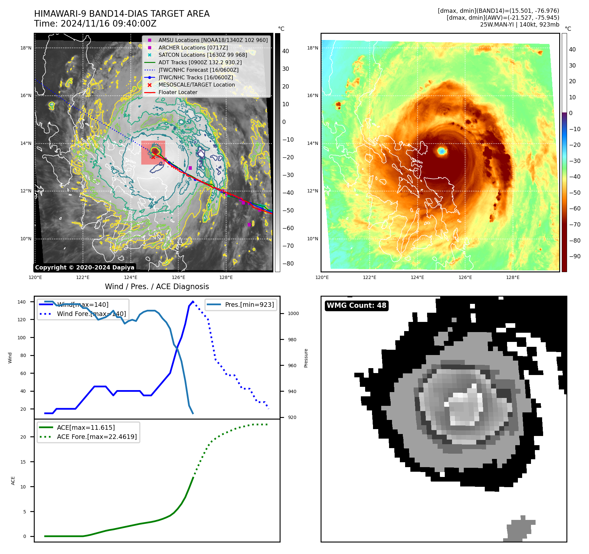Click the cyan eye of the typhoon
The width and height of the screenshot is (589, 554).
pos(442,151)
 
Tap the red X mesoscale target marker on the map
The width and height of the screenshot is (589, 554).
pos(153,157)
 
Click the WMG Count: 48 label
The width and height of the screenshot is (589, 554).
pos(356,306)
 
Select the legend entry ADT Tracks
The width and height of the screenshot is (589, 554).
pos(200,62)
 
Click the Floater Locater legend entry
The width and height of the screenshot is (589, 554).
pos(178,92)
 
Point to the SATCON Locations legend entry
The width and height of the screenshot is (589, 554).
pos(203,55)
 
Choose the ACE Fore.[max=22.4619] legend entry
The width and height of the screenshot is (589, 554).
pos(97,437)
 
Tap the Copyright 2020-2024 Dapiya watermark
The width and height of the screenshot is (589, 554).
pos(85,267)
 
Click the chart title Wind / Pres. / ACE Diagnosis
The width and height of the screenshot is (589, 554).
pos(157,287)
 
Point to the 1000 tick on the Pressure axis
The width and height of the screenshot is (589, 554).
pos(293,314)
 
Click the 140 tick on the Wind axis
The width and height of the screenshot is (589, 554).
pos(22,302)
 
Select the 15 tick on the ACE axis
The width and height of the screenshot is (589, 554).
pos(23,462)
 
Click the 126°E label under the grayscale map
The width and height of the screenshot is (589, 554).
pos(178,278)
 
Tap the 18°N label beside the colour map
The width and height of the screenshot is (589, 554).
pos(312,48)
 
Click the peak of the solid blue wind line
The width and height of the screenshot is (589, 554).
pos(193,302)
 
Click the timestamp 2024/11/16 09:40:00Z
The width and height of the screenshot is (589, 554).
pos(108,24)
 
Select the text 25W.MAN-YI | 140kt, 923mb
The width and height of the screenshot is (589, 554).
pos(520,25)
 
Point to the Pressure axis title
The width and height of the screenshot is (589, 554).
pos(306,358)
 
